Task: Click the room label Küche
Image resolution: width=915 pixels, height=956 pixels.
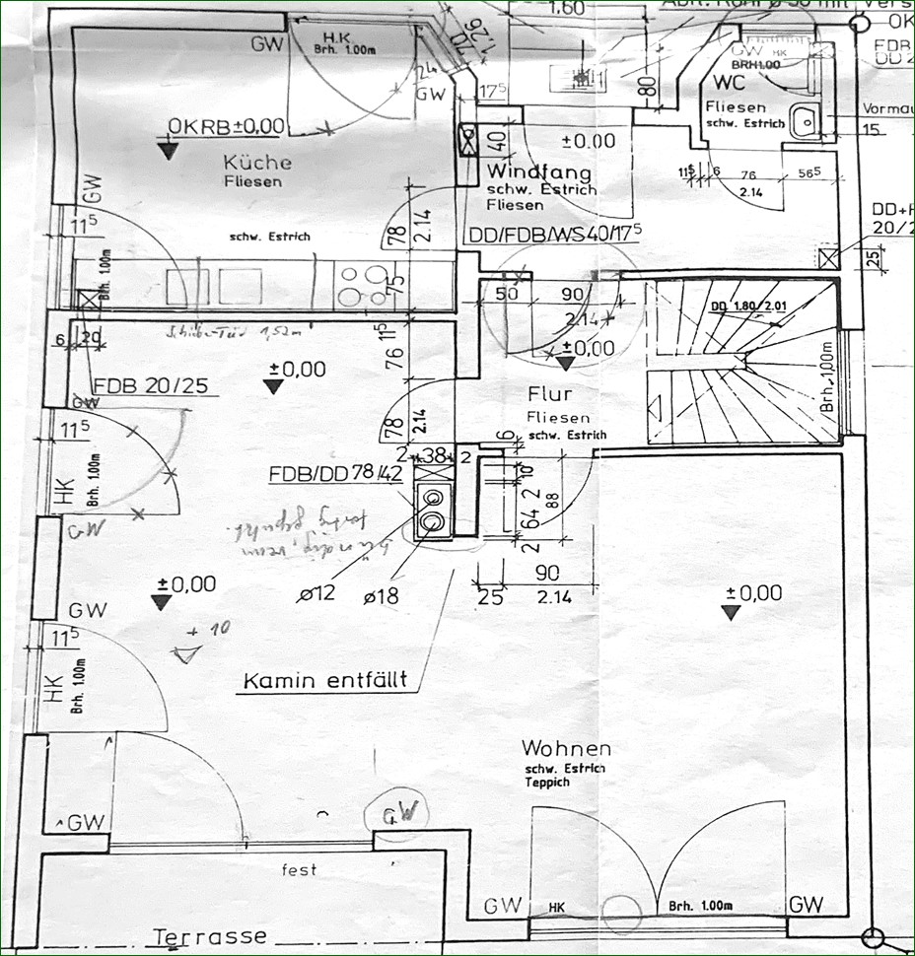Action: click(x=256, y=163)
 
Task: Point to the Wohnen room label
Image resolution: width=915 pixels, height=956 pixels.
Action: click(x=566, y=749)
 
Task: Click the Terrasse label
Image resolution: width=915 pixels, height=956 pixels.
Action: click(x=210, y=936)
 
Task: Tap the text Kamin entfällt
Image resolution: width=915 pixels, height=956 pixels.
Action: click(x=324, y=681)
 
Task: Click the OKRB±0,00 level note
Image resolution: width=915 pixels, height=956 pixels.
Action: click(x=226, y=126)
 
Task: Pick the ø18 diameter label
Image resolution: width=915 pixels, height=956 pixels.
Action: click(x=381, y=594)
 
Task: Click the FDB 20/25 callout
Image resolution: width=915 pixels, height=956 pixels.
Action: click(x=151, y=385)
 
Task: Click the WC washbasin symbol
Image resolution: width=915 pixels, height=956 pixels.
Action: click(x=805, y=121)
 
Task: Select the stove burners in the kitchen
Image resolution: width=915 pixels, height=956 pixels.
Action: click(x=362, y=285)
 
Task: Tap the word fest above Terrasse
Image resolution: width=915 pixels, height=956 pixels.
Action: click(x=298, y=870)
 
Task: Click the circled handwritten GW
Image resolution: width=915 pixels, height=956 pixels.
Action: click(x=402, y=814)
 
